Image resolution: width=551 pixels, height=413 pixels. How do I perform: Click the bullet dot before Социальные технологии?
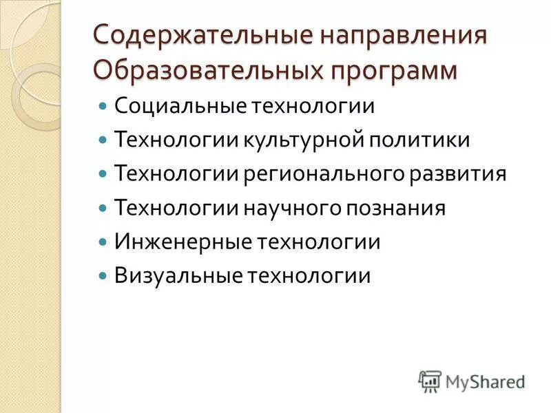pos(103,107)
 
